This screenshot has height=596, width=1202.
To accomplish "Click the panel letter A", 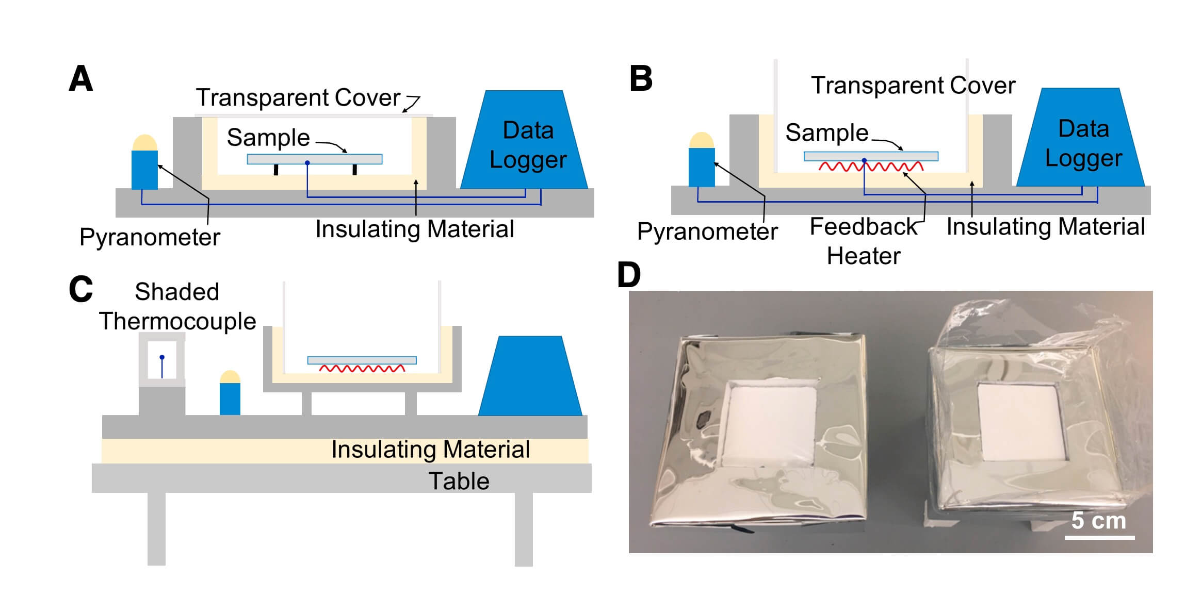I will (x=81, y=79).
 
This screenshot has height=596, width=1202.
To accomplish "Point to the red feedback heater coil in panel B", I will (x=871, y=167).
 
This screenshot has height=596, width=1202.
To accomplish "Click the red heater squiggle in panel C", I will (x=362, y=369).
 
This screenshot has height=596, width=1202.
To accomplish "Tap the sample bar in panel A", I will (x=315, y=159).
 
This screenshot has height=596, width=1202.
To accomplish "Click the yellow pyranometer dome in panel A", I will (x=144, y=143).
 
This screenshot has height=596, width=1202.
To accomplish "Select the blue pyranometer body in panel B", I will (x=702, y=167).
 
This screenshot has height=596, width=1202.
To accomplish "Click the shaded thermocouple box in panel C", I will (x=162, y=360).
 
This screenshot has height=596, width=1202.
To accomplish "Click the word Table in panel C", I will (x=459, y=481).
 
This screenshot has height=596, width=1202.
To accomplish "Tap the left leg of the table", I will (x=156, y=528).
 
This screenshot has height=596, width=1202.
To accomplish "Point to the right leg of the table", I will (x=523, y=528).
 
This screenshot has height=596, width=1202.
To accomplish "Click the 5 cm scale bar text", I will (x=1098, y=521).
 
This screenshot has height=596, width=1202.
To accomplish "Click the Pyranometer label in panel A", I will (x=150, y=237).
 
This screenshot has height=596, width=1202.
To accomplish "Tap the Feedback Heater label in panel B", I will (x=864, y=241).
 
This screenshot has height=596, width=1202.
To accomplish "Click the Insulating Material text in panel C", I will (x=430, y=449).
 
